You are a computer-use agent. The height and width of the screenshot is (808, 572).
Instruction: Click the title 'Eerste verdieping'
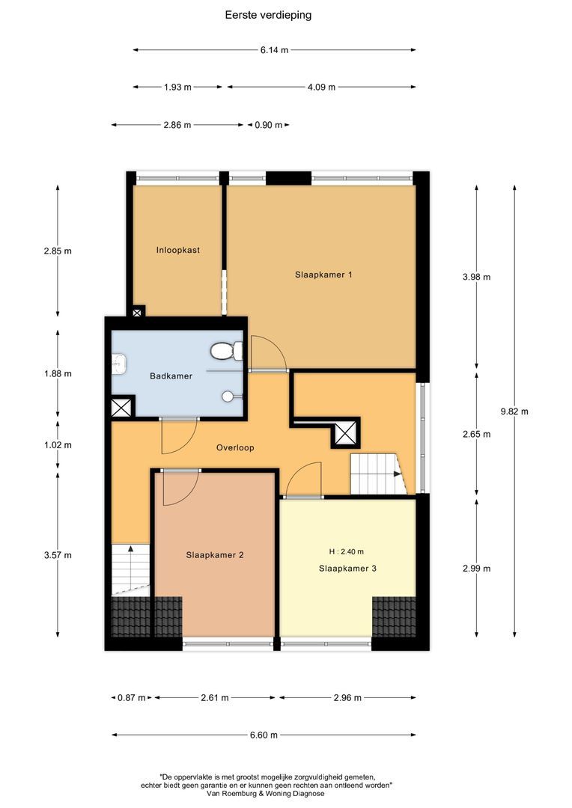pyautogui.click(x=268, y=14)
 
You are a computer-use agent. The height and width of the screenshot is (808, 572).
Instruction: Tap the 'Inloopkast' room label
pyautogui.click(x=177, y=250)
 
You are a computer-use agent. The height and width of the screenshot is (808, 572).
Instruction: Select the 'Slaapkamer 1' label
pyautogui.click(x=323, y=275)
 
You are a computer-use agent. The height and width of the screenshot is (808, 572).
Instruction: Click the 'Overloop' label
pyautogui.click(x=235, y=447)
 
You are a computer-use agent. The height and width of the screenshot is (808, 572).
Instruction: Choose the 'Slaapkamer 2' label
pyautogui.click(x=215, y=555)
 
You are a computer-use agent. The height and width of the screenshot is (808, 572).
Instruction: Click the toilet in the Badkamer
pyautogui.click(x=225, y=350)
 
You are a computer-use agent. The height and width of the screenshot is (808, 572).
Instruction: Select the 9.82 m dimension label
pyautogui.click(x=514, y=411)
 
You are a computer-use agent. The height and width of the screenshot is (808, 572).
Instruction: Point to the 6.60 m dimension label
pyautogui.click(x=264, y=735)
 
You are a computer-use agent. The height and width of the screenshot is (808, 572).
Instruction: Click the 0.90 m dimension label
pyautogui.click(x=268, y=125)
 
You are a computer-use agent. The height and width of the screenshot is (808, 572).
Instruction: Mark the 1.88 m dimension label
pyautogui.click(x=58, y=373)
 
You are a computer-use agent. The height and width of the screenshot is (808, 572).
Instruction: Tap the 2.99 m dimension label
pyautogui.click(x=477, y=569)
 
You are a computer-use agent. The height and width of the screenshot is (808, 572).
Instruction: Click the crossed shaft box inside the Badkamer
pyautogui.click(x=121, y=408)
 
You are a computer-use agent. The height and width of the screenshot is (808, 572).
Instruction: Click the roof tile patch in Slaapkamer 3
pyautogui.click(x=393, y=615)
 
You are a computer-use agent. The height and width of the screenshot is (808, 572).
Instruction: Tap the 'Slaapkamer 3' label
pyautogui.click(x=347, y=569)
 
